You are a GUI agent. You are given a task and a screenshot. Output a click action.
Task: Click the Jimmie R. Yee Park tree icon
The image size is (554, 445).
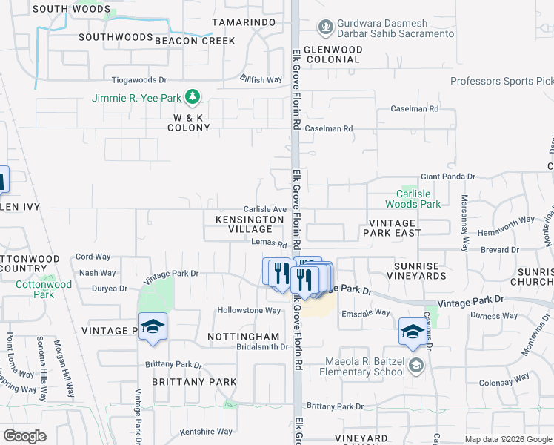pos(193,96)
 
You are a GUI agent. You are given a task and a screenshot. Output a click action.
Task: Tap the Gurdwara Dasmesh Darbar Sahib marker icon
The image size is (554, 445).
pos(324,27)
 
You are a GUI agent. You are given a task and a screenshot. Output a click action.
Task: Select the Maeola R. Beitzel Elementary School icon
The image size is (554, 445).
pos(417,365)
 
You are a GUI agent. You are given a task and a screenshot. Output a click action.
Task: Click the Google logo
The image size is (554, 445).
pos(25,436)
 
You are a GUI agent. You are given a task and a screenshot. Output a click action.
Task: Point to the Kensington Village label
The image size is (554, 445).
pos(244,225)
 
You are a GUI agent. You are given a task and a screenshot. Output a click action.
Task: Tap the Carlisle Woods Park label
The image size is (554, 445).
pos(413,199)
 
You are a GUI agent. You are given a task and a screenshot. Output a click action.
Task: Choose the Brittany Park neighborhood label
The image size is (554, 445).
pos(194,382)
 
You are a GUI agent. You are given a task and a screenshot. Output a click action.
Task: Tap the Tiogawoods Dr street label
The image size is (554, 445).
pos(139,79)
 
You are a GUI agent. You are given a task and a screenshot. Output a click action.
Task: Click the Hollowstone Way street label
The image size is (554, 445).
pos(249,310)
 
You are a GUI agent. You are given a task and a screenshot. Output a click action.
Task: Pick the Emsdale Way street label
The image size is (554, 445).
pos(366,312)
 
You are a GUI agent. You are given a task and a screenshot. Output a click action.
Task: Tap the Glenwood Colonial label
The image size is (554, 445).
pos(334,55)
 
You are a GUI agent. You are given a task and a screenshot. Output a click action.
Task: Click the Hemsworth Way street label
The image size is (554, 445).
pos(507,220)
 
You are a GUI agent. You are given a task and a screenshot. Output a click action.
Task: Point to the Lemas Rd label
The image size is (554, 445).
pos(269,243)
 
